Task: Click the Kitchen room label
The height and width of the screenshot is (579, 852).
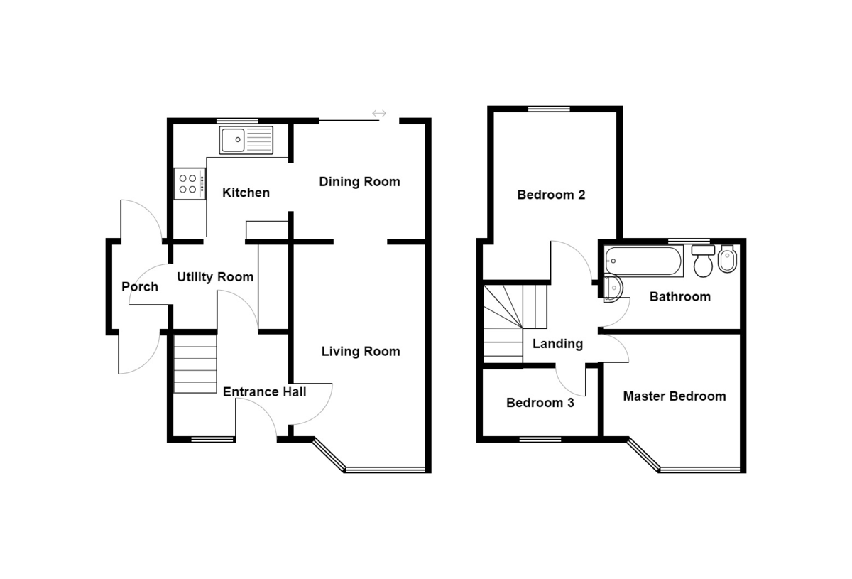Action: [x=246, y=193]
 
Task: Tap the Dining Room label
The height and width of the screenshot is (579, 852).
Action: [x=359, y=182]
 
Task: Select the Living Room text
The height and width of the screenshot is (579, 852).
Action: [x=360, y=351]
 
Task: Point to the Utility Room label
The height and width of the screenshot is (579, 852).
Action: [x=214, y=277]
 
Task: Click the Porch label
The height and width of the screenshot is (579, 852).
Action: [x=140, y=287]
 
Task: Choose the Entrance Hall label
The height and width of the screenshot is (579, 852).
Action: [x=264, y=391]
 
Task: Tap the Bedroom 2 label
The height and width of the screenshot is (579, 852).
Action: [x=551, y=195]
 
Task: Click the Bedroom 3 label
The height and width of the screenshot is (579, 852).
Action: [x=540, y=403]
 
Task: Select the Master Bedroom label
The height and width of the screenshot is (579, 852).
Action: [x=674, y=396]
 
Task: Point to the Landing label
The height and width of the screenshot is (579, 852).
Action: [x=557, y=344]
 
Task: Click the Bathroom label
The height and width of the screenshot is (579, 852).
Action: [x=679, y=296]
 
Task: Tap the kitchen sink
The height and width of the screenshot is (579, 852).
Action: [x=246, y=140]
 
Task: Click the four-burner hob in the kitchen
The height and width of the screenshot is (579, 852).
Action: [x=190, y=184]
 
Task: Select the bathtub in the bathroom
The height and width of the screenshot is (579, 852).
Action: [x=643, y=261]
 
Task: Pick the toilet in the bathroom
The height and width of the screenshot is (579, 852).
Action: [x=703, y=261]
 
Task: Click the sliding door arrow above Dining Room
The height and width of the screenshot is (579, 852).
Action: [x=378, y=113]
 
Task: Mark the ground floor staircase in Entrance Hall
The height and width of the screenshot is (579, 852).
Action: [x=195, y=364]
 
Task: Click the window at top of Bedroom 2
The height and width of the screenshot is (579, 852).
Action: [x=549, y=109]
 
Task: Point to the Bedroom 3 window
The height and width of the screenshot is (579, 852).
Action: [x=540, y=440]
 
